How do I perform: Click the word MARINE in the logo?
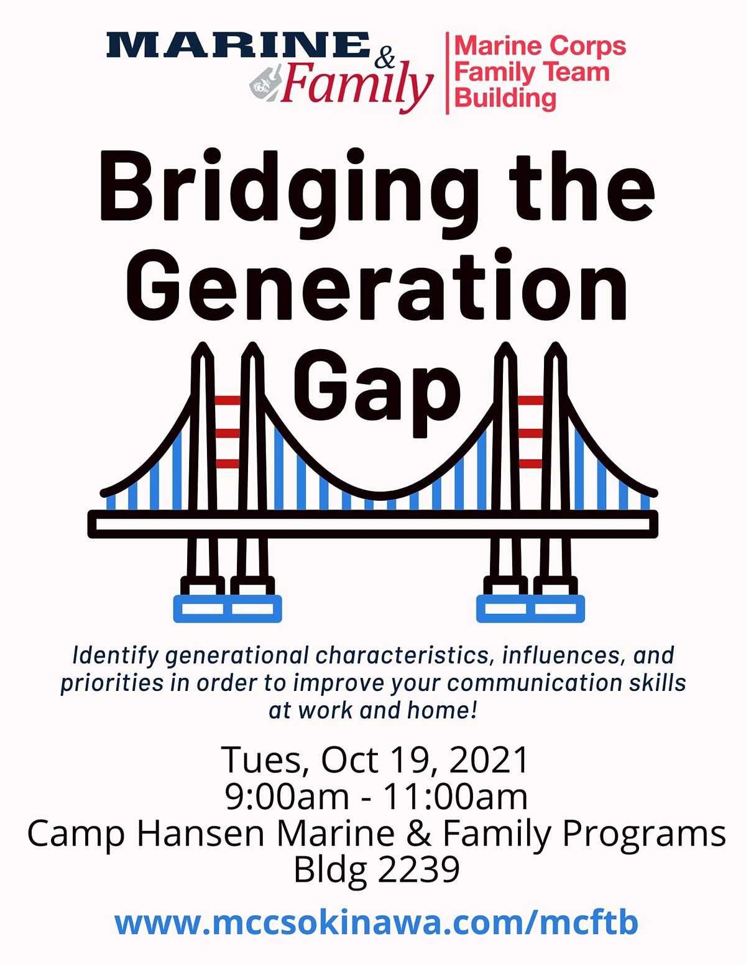pyautogui.click(x=237, y=45)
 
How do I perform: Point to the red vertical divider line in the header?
pyautogui.click(x=447, y=73)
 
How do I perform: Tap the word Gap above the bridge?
pyautogui.click(x=377, y=388)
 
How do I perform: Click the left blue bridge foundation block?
pyautogui.click(x=228, y=609)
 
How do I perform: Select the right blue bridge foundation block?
pyautogui.click(x=530, y=609)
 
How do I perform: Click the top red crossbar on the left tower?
pyautogui.click(x=227, y=400)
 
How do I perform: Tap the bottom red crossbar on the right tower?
pyautogui.click(x=530, y=464)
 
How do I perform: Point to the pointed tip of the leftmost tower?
pyautogui.click(x=202, y=346)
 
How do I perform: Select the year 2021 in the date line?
pyautogui.click(x=489, y=759)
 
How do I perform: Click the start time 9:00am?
pyautogui.click(x=287, y=797)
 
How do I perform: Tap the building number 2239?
pyautogui.click(x=418, y=869)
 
